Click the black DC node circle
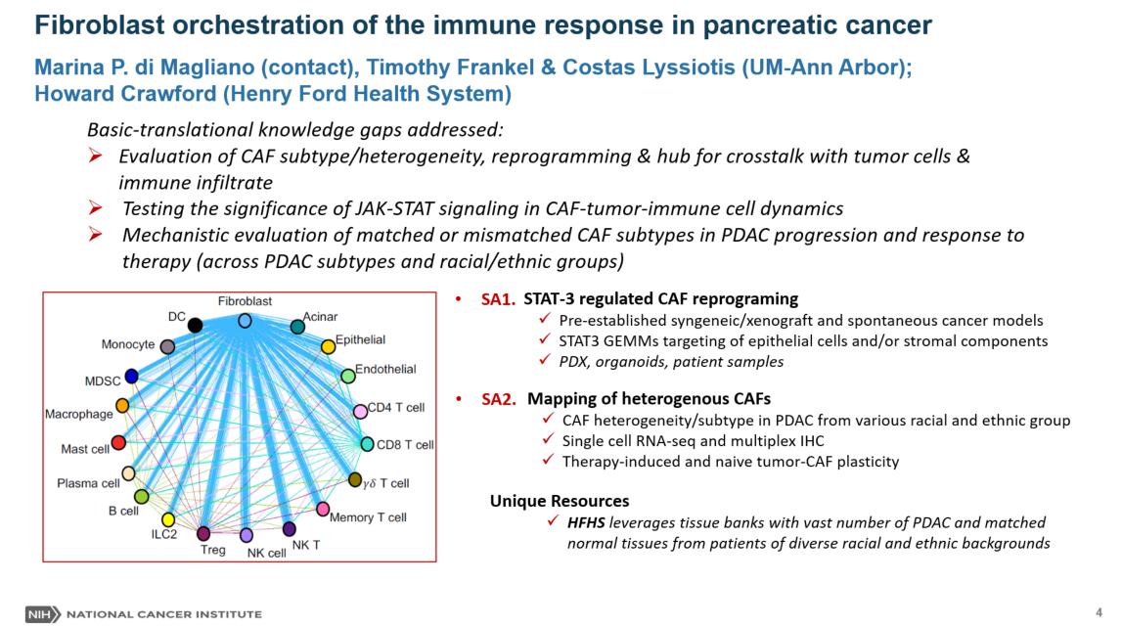[x=195, y=325]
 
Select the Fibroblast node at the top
[x=245, y=321]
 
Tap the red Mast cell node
[x=118, y=443]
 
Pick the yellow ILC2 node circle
[x=168, y=520]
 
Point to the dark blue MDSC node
[x=131, y=377]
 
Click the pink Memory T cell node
[x=323, y=509]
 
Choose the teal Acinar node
[x=297, y=327]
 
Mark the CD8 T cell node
[x=367, y=444]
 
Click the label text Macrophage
[x=79, y=415]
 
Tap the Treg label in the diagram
[x=212, y=550]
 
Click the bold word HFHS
[x=586, y=523]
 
